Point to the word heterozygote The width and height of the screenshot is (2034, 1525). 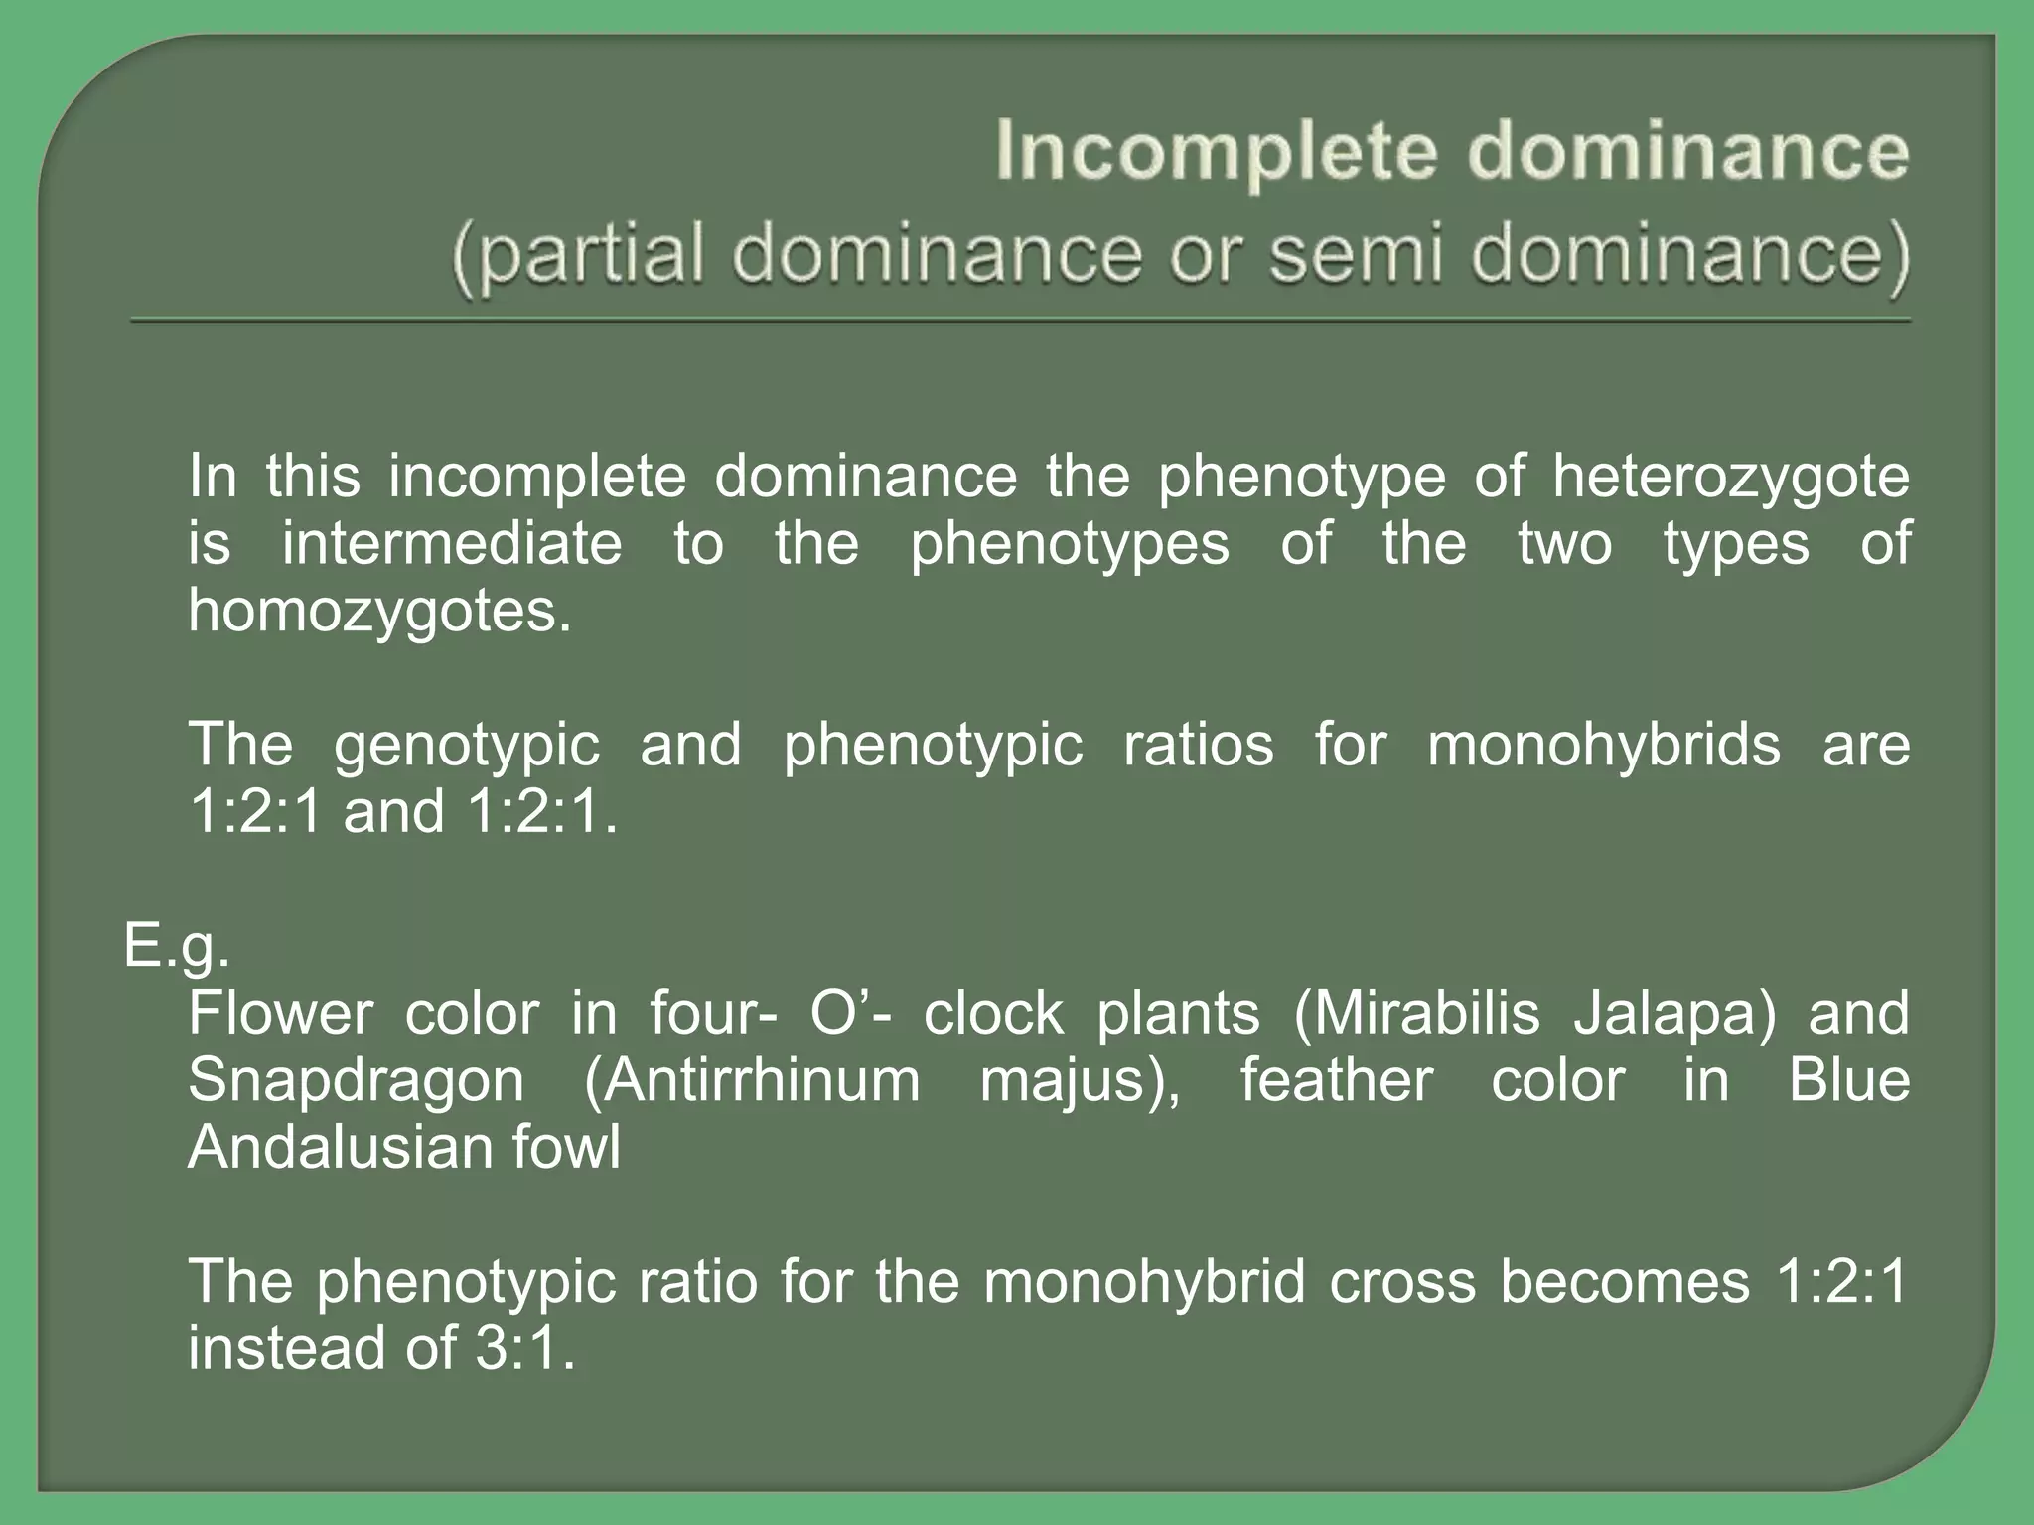coord(1730,477)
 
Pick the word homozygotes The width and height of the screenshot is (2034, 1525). coord(380,611)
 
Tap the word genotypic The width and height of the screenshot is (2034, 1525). coord(467,747)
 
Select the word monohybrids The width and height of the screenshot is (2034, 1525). coord(1604,745)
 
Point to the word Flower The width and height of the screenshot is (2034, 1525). coord(280,1014)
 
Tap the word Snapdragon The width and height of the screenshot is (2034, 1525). coord(356,1082)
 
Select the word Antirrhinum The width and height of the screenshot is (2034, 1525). coord(752,1081)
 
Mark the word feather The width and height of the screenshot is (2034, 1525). coord(1336,1080)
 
